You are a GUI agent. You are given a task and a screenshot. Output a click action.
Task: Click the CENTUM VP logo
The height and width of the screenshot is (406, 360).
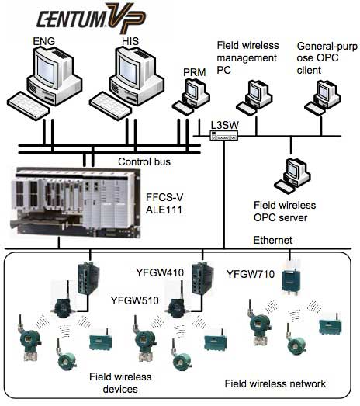coord(92,18)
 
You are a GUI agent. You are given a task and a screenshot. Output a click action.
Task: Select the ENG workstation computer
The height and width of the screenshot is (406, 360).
coord(44,82)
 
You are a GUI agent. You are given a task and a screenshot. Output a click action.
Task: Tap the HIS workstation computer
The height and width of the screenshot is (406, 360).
coord(126,82)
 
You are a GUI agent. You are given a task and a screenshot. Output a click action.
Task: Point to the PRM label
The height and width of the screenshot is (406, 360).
coord(195,72)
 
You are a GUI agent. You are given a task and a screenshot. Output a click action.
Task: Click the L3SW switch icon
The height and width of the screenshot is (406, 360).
coord(224,135)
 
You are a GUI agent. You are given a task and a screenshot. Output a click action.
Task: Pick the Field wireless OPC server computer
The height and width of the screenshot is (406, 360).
coord(292,175)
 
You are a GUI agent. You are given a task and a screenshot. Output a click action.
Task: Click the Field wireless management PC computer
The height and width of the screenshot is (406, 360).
coord(254,98)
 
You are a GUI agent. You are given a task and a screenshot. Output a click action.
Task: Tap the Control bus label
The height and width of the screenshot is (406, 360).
coord(144,161)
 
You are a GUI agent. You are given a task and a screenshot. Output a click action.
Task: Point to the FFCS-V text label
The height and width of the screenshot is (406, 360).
coord(164,197)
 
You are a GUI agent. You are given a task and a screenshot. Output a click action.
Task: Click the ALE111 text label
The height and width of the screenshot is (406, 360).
coord(164,210)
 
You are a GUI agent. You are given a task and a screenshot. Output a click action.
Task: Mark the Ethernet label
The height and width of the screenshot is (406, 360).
coord(273,240)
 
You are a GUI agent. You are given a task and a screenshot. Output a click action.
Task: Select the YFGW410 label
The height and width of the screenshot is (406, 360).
coord(160,272)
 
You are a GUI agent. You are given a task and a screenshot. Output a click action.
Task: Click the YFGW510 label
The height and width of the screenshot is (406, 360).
coord(134,300)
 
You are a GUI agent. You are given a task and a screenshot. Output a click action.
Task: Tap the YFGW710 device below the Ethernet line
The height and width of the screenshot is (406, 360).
coord(291,277)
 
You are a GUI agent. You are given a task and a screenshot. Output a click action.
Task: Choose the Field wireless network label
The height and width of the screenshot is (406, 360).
coord(275,383)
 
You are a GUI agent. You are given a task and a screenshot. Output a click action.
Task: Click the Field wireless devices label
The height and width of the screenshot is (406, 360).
coord(120,383)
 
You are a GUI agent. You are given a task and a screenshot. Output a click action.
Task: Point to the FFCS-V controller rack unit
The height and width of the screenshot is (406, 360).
coord(75,203)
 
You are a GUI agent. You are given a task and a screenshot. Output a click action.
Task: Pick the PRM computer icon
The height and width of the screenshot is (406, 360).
coord(191,96)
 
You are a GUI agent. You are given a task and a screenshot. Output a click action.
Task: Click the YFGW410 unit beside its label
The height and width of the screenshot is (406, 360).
coord(202,278)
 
